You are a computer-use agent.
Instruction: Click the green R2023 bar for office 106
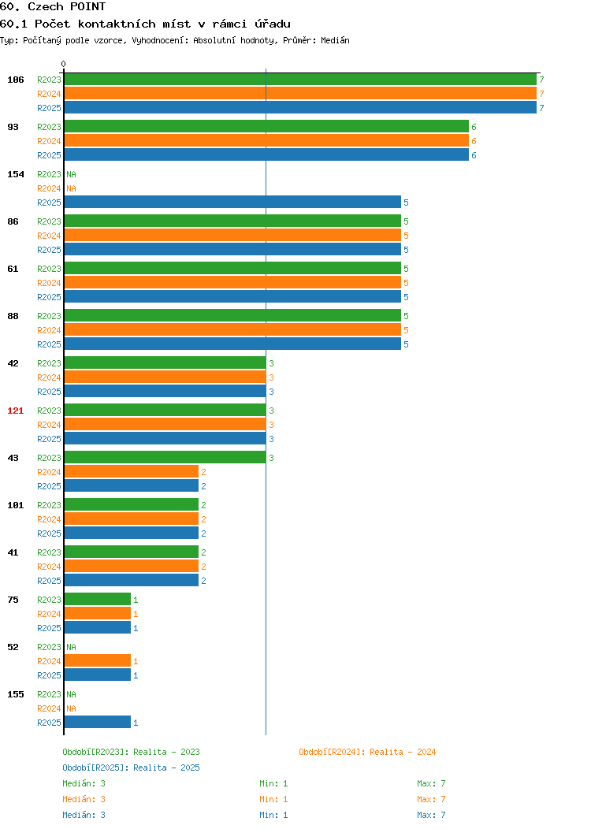click(x=300, y=80)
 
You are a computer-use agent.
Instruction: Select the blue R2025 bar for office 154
click(x=232, y=202)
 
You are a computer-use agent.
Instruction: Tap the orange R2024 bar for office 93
click(x=266, y=140)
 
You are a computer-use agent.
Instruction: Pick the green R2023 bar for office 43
click(x=165, y=457)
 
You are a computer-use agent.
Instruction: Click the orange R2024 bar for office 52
click(x=97, y=660)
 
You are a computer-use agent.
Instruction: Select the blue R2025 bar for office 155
click(x=97, y=722)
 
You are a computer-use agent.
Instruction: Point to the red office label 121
click(x=15, y=411)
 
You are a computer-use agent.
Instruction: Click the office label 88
click(x=13, y=316)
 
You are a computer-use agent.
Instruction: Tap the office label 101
click(x=15, y=505)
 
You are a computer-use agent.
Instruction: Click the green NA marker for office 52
click(x=72, y=647)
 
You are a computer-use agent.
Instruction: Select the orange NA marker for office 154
click(x=72, y=189)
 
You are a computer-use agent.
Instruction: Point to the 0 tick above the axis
click(x=64, y=64)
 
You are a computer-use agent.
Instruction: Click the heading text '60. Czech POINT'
click(x=53, y=7)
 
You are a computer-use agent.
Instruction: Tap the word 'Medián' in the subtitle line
click(x=335, y=40)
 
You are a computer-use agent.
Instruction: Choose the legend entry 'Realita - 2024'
click(x=403, y=752)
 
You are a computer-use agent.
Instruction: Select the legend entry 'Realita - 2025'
click(x=166, y=768)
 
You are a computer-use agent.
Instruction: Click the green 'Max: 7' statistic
click(x=431, y=783)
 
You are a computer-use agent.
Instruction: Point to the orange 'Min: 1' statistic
click(x=273, y=799)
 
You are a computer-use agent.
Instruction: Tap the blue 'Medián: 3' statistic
click(x=84, y=816)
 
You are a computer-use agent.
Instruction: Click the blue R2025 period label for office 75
click(x=49, y=628)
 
